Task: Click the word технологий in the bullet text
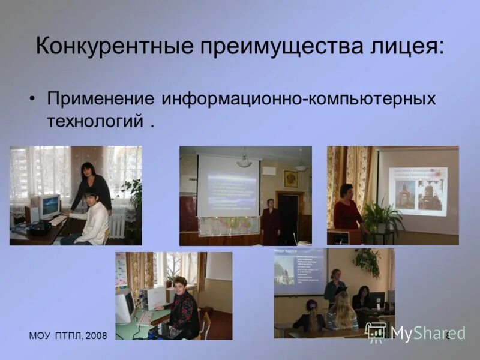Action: coord(94,121)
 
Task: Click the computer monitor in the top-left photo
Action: coord(49,206)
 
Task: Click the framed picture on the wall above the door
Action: coord(290,179)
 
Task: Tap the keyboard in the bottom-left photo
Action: coord(144,318)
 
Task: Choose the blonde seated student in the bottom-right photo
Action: coord(344,313)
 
